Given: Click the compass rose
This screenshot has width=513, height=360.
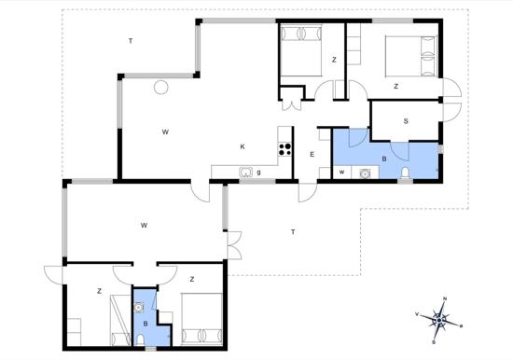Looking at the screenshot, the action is click(x=439, y=320).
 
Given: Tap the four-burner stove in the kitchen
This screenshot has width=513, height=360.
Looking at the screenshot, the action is click(x=284, y=149).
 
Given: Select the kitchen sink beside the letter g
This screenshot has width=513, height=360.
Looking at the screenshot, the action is click(x=245, y=172).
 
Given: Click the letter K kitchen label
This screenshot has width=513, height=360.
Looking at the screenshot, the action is click(x=243, y=146).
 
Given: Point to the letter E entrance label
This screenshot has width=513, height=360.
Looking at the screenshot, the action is click(x=312, y=155).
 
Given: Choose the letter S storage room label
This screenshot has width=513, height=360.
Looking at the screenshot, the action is click(x=406, y=121).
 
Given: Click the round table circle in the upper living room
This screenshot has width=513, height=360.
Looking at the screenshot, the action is click(x=161, y=88).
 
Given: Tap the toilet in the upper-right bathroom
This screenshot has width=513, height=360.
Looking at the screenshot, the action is click(x=405, y=173).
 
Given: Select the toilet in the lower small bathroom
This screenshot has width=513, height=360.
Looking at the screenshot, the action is click(x=140, y=339).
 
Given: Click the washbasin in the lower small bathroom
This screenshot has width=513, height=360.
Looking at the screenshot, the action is click(x=139, y=308).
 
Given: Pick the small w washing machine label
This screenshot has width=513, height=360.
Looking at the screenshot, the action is click(x=341, y=173).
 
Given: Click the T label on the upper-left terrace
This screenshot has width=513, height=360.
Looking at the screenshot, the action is click(x=131, y=41).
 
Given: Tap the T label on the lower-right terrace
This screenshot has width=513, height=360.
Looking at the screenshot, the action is click(x=293, y=232).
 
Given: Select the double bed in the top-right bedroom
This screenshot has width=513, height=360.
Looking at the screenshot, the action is click(x=411, y=56).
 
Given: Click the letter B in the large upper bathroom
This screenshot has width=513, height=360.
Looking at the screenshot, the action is click(x=384, y=159).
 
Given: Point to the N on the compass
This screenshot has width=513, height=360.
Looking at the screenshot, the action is click(x=445, y=298).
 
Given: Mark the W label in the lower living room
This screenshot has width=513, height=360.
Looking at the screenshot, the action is click(x=144, y=225).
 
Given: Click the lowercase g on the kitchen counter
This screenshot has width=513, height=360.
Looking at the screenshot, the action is click(x=258, y=173).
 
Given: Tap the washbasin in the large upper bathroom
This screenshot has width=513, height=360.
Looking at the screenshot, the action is click(x=364, y=173).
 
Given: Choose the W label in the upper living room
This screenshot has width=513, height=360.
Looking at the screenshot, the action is click(x=165, y=132).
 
